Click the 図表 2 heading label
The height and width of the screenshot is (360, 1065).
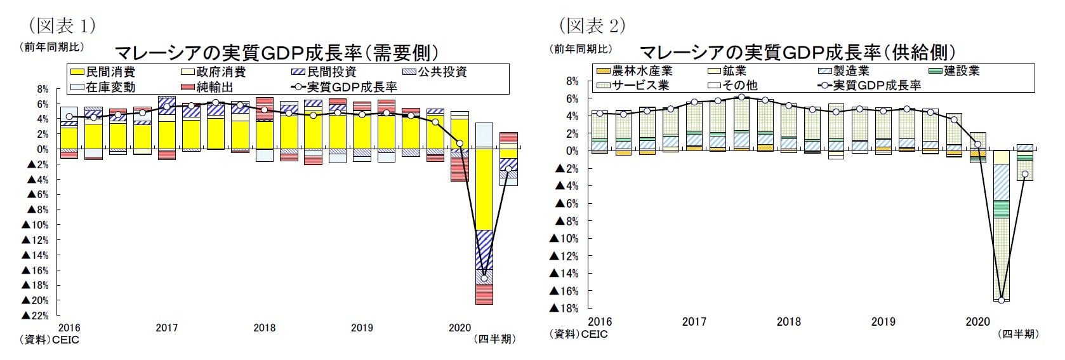[592, 25]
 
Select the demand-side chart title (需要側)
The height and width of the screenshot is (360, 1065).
[276, 52]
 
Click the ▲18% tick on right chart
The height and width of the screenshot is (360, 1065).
[564, 309]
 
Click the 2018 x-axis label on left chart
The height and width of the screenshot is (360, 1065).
[265, 328]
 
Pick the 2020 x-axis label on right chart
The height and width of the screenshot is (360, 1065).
[977, 322]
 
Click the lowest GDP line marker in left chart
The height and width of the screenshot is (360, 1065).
[484, 278]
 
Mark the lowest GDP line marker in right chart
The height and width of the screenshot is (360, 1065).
[1002, 300]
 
